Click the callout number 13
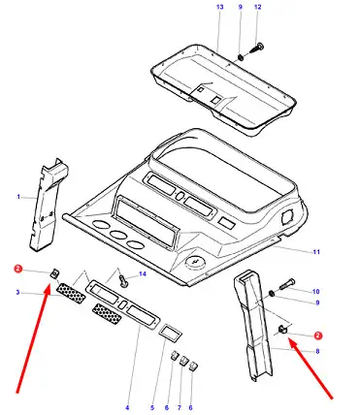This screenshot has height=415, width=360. (220, 7)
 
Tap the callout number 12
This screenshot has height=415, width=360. (258, 7)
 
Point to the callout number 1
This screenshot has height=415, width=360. (18, 197)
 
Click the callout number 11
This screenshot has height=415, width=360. (316, 252)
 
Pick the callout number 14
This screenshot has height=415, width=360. (143, 274)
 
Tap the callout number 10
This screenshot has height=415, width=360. (316, 292)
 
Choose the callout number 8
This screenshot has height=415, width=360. (317, 351)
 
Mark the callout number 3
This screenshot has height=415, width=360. (17, 293)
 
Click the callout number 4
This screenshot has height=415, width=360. (127, 407)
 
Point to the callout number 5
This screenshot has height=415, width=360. (152, 407)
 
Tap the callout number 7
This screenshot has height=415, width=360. (180, 407)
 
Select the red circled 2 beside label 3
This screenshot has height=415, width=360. (18, 269)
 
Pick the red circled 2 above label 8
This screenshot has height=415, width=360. (318, 335)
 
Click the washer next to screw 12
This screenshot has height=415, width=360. (241, 57)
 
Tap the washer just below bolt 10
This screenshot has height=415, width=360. (273, 294)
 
